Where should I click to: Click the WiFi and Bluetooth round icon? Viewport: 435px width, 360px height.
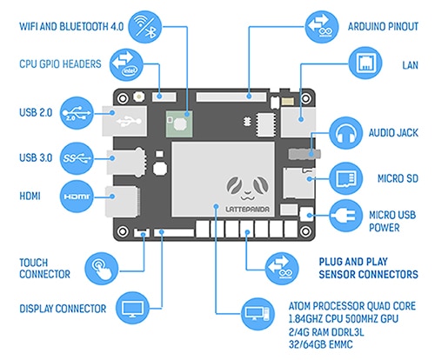[x=144, y=27]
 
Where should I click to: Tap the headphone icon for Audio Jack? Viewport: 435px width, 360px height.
[x=346, y=134]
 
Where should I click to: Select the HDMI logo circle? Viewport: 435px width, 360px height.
[x=77, y=197]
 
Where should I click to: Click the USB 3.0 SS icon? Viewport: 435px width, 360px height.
[x=77, y=158]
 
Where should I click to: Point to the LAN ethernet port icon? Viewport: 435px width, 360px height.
[x=365, y=63]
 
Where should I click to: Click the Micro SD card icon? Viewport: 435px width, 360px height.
[x=346, y=178]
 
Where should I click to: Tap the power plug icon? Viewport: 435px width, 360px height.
[x=346, y=216]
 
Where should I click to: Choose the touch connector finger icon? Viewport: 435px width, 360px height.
[x=102, y=269]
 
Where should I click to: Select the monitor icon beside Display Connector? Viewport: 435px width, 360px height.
[x=132, y=308]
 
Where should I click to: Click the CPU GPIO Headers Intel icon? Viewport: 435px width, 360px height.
[x=126, y=64]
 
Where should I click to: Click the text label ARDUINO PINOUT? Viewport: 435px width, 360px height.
[x=383, y=27]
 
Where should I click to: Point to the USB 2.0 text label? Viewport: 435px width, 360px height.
[x=36, y=112]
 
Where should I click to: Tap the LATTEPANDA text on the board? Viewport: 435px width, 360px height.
[x=247, y=209]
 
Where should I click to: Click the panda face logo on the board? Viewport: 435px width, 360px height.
[x=248, y=188]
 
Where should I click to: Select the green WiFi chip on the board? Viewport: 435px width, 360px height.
[x=179, y=123]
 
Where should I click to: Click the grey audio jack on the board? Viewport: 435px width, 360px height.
[x=304, y=154]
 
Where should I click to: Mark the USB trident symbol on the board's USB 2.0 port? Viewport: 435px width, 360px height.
[x=129, y=121]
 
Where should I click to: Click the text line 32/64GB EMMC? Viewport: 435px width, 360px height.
[x=321, y=344]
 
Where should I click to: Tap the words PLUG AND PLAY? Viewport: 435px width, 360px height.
[x=353, y=262]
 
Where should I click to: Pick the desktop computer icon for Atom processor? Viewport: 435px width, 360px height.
[x=258, y=314]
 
